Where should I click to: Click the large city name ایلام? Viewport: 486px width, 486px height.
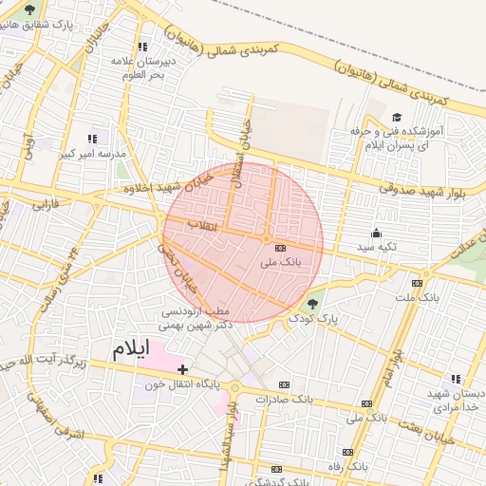coord(131,347)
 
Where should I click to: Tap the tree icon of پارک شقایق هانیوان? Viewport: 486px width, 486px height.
coord(29,9)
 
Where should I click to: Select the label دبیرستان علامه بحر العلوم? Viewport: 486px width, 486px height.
coord(139,67)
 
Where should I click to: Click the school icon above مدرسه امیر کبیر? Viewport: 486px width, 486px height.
coord(92,139)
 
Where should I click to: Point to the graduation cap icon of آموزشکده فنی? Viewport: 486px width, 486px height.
coord(396,112)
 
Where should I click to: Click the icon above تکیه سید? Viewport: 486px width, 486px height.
coord(376,233)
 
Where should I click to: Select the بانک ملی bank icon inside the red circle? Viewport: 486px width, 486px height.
coord(279,247)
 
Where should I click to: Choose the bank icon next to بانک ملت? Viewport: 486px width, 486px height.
coord(417,283)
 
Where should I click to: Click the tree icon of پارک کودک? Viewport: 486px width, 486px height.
coord(314,304)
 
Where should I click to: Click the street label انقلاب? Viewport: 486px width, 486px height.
coord(202,226)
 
